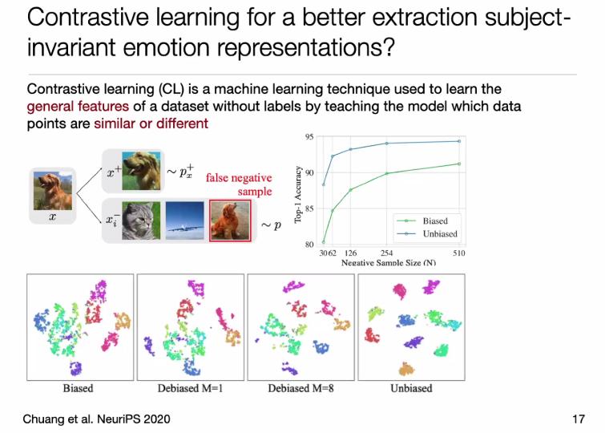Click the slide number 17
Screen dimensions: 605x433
[579, 419]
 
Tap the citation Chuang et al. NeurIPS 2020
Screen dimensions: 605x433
[96, 419]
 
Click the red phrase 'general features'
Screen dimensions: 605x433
[78, 106]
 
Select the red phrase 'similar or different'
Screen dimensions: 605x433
[151, 123]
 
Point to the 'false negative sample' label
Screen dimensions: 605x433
[240, 184]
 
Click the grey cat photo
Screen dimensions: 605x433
[141, 221]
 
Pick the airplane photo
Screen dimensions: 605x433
[185, 221]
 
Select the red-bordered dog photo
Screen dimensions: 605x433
[230, 221]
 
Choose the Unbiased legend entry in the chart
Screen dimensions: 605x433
[427, 233]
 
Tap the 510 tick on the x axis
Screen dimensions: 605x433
[459, 253]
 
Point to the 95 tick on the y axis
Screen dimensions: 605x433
[309, 137]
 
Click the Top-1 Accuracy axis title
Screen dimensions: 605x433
[298, 194]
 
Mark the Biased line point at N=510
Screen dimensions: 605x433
[459, 164]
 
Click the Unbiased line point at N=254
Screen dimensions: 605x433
[386, 144]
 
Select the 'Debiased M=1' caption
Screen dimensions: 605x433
[190, 388]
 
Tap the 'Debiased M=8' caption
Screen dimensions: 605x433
[300, 388]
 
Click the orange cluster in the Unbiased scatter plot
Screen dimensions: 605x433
[406, 369]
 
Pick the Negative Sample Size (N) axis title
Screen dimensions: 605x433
[389, 263]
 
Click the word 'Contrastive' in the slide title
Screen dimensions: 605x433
[88, 18]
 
